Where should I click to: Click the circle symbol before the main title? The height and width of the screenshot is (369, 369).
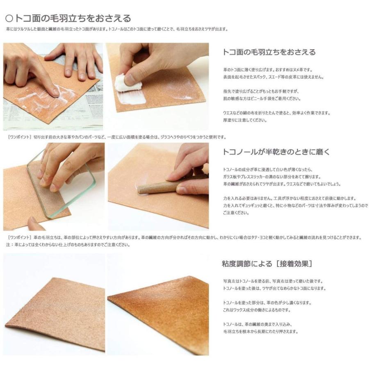coord(9,18)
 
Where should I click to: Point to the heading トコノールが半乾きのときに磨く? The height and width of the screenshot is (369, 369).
coord(276,152)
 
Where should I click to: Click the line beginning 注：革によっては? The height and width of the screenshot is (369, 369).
coord(68,245)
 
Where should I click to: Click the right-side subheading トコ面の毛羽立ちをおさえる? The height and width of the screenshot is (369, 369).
coord(269,52)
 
